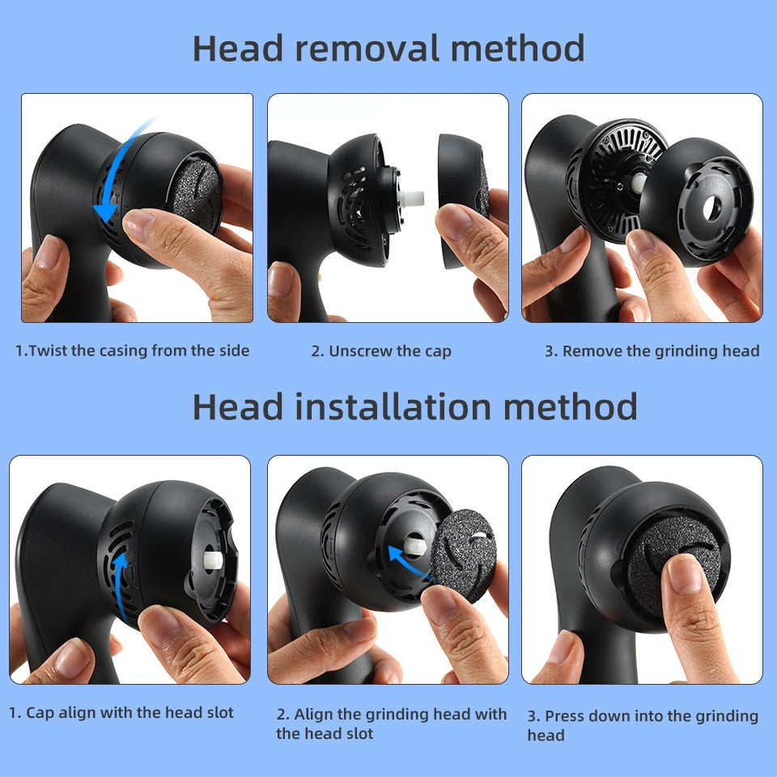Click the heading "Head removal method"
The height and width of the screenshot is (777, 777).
(x=388, y=49)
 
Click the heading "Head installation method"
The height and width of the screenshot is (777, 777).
(x=414, y=406)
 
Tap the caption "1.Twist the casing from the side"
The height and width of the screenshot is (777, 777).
(x=133, y=350)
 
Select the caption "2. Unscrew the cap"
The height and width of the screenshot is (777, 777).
(x=381, y=351)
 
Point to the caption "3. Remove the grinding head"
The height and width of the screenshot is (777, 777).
(x=652, y=351)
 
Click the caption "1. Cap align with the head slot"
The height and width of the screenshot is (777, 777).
(x=121, y=713)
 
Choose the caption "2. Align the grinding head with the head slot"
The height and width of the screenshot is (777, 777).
(x=391, y=724)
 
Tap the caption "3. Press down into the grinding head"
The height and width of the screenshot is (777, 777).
(x=643, y=725)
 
